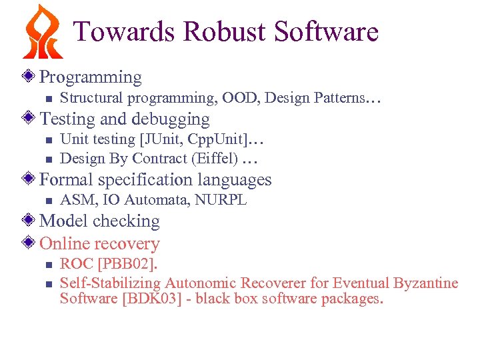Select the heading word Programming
point(91,77)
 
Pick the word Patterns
point(339,98)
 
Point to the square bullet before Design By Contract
point(47,159)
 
